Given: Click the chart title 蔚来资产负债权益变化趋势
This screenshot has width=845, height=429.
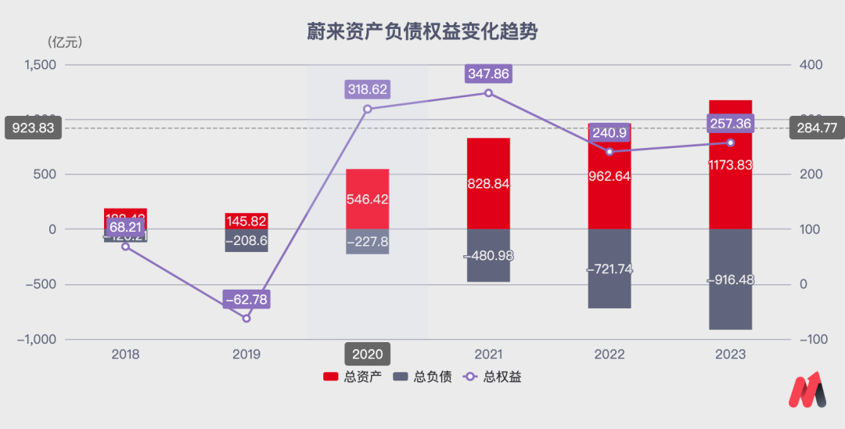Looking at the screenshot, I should (422, 33).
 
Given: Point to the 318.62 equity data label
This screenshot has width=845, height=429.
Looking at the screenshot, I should (367, 89).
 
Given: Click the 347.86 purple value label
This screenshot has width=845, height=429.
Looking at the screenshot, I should (488, 74).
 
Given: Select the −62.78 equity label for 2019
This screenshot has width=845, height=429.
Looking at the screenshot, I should (246, 299).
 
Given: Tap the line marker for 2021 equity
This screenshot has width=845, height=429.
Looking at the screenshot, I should (488, 93).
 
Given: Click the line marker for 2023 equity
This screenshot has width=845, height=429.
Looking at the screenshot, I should (731, 142).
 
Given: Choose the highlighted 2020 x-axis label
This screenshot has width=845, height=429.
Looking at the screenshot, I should (367, 354).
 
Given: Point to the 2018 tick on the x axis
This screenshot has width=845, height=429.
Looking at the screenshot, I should (125, 355).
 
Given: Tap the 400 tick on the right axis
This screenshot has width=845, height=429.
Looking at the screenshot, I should (811, 65).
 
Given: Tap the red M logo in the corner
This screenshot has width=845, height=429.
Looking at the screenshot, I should (807, 390).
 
